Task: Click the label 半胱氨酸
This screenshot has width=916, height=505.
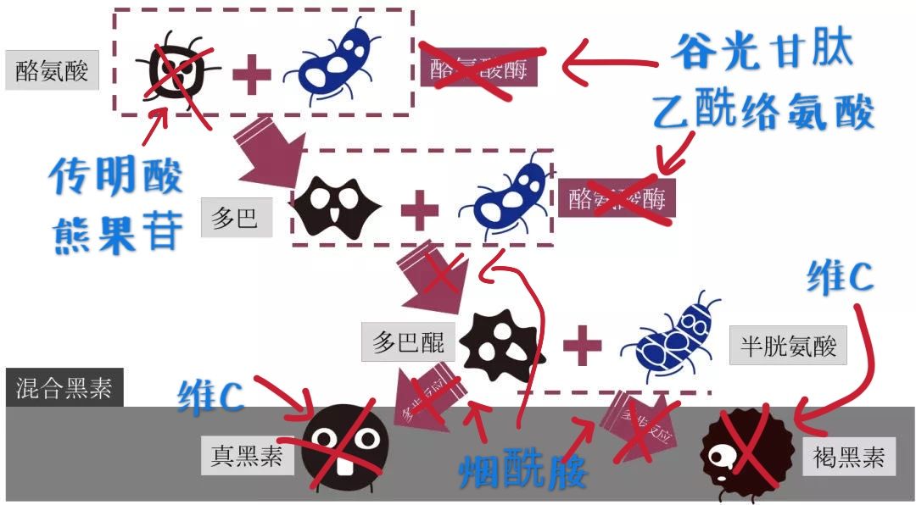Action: point(788,346)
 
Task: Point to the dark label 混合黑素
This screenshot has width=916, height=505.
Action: point(64,389)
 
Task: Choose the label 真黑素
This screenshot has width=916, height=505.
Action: point(247,458)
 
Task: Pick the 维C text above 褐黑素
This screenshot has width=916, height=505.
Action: point(840,277)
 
